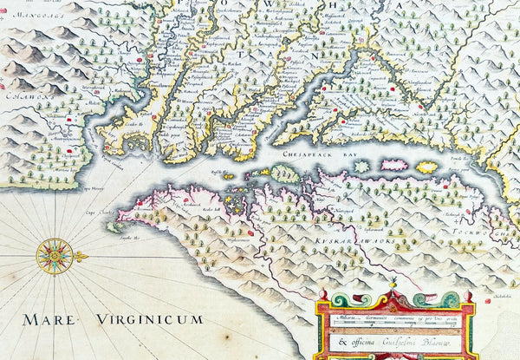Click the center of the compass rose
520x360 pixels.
(54, 255)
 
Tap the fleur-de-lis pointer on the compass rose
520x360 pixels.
(81, 256)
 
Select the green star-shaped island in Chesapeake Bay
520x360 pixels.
(361, 165)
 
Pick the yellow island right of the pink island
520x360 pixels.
(427, 167)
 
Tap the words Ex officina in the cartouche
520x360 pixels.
(352, 341)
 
